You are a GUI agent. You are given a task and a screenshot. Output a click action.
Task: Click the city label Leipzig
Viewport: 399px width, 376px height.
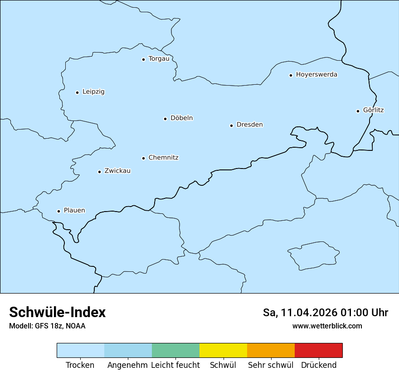click(93, 92)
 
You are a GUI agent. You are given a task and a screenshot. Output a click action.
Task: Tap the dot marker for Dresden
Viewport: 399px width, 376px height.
click(231, 125)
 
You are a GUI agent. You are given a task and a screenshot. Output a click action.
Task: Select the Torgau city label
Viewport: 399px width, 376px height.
click(159, 58)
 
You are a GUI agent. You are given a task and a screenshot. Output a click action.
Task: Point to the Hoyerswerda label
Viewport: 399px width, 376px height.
click(316, 74)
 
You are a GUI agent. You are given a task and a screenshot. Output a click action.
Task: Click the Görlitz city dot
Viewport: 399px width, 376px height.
click(358, 111)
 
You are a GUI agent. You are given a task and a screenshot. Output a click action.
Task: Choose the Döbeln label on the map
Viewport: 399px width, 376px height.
click(181, 118)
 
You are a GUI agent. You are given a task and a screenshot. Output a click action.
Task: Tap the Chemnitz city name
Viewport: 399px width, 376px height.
click(163, 158)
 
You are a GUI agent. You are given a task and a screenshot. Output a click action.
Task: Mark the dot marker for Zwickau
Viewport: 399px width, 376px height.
click(99, 172)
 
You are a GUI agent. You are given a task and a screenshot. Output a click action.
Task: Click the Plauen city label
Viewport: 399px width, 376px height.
click(74, 210)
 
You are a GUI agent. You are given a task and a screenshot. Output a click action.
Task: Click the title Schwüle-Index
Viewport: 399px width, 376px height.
click(58, 312)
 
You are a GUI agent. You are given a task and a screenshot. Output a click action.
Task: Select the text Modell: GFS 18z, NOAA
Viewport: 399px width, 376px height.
click(47, 326)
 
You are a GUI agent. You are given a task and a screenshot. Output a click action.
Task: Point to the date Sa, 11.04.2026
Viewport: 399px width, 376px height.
click(300, 313)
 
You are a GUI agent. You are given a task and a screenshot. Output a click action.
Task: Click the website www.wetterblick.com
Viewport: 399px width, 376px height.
click(327, 326)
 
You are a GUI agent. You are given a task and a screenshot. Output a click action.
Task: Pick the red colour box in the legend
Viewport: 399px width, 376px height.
click(318, 350)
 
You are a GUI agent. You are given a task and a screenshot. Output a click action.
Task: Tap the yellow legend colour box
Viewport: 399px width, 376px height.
click(223, 350)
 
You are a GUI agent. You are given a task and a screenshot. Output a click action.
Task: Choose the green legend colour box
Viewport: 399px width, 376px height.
click(175, 350)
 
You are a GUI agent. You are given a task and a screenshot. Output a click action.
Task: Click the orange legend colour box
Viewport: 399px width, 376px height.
click(271, 350)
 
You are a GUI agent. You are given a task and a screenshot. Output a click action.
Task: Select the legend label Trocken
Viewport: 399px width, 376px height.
click(80, 365)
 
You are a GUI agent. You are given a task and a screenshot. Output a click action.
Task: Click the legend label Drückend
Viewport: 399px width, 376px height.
click(319, 365)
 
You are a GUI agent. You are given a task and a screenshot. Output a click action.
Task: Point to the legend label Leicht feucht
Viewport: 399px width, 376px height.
click(175, 365)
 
